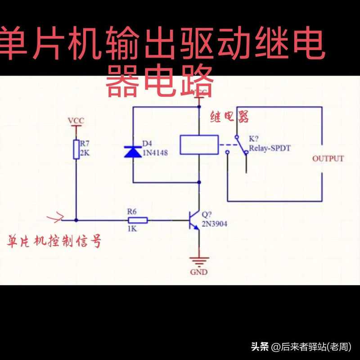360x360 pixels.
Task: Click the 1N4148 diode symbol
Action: (133, 152)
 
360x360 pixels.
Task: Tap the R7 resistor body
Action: (76, 149)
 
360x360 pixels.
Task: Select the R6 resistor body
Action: (138, 220)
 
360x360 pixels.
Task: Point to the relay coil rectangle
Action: (199, 145)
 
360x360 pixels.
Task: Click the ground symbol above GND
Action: (198, 261)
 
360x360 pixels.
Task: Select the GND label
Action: (198, 272)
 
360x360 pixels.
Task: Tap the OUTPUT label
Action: (328, 158)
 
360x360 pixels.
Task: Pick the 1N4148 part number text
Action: (155, 153)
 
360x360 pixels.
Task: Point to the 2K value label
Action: (85, 153)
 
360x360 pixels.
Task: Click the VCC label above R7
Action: (76, 121)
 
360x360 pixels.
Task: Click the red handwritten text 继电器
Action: (229, 117)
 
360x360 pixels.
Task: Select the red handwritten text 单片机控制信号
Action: (54, 242)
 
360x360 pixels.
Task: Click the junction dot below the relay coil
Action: (199, 182)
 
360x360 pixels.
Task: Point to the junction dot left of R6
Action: (76, 220)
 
